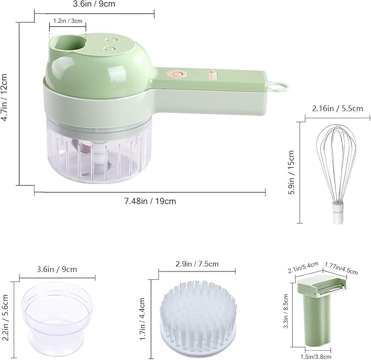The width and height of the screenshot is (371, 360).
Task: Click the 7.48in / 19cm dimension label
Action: point(150,201)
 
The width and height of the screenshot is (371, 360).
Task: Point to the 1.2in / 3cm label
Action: point(68,21)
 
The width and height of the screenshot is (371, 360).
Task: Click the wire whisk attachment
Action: point(337,174)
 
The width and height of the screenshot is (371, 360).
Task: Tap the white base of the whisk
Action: point(338,213)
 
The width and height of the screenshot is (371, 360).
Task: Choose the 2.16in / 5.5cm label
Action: point(338,109)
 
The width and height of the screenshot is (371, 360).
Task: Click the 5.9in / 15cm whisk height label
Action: point(291,172)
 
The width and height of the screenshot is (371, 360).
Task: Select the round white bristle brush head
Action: point(198,319)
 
